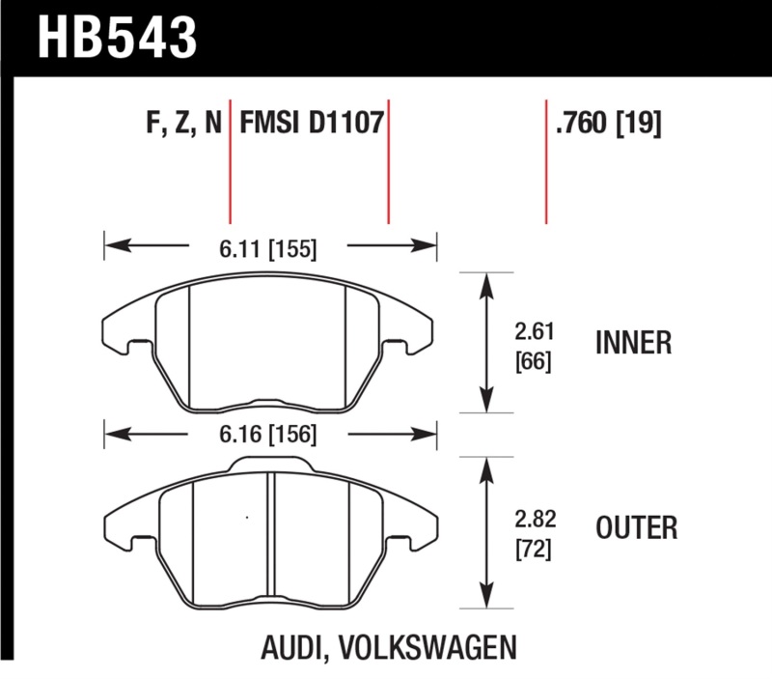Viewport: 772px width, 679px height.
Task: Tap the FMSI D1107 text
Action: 311,125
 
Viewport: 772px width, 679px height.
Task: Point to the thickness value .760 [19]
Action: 607,125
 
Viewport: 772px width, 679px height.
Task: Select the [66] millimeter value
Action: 533,364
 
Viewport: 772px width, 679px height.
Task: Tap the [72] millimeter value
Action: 533,550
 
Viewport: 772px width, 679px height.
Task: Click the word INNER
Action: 634,344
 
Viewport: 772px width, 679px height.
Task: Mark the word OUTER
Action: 636,528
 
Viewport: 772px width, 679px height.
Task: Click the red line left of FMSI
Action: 230,160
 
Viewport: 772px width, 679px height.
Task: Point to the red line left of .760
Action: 546,160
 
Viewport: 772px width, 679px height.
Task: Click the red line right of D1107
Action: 388,160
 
